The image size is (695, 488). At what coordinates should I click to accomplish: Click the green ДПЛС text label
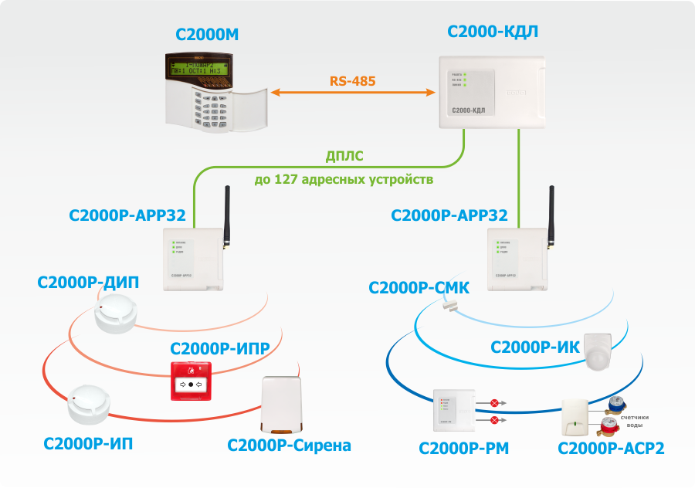tap(344, 157)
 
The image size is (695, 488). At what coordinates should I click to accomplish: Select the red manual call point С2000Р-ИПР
tap(191, 381)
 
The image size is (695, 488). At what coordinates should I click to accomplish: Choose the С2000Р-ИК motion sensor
tap(598, 352)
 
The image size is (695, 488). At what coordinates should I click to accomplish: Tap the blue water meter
tap(616, 405)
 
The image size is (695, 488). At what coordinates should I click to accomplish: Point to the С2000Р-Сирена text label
tap(289, 446)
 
